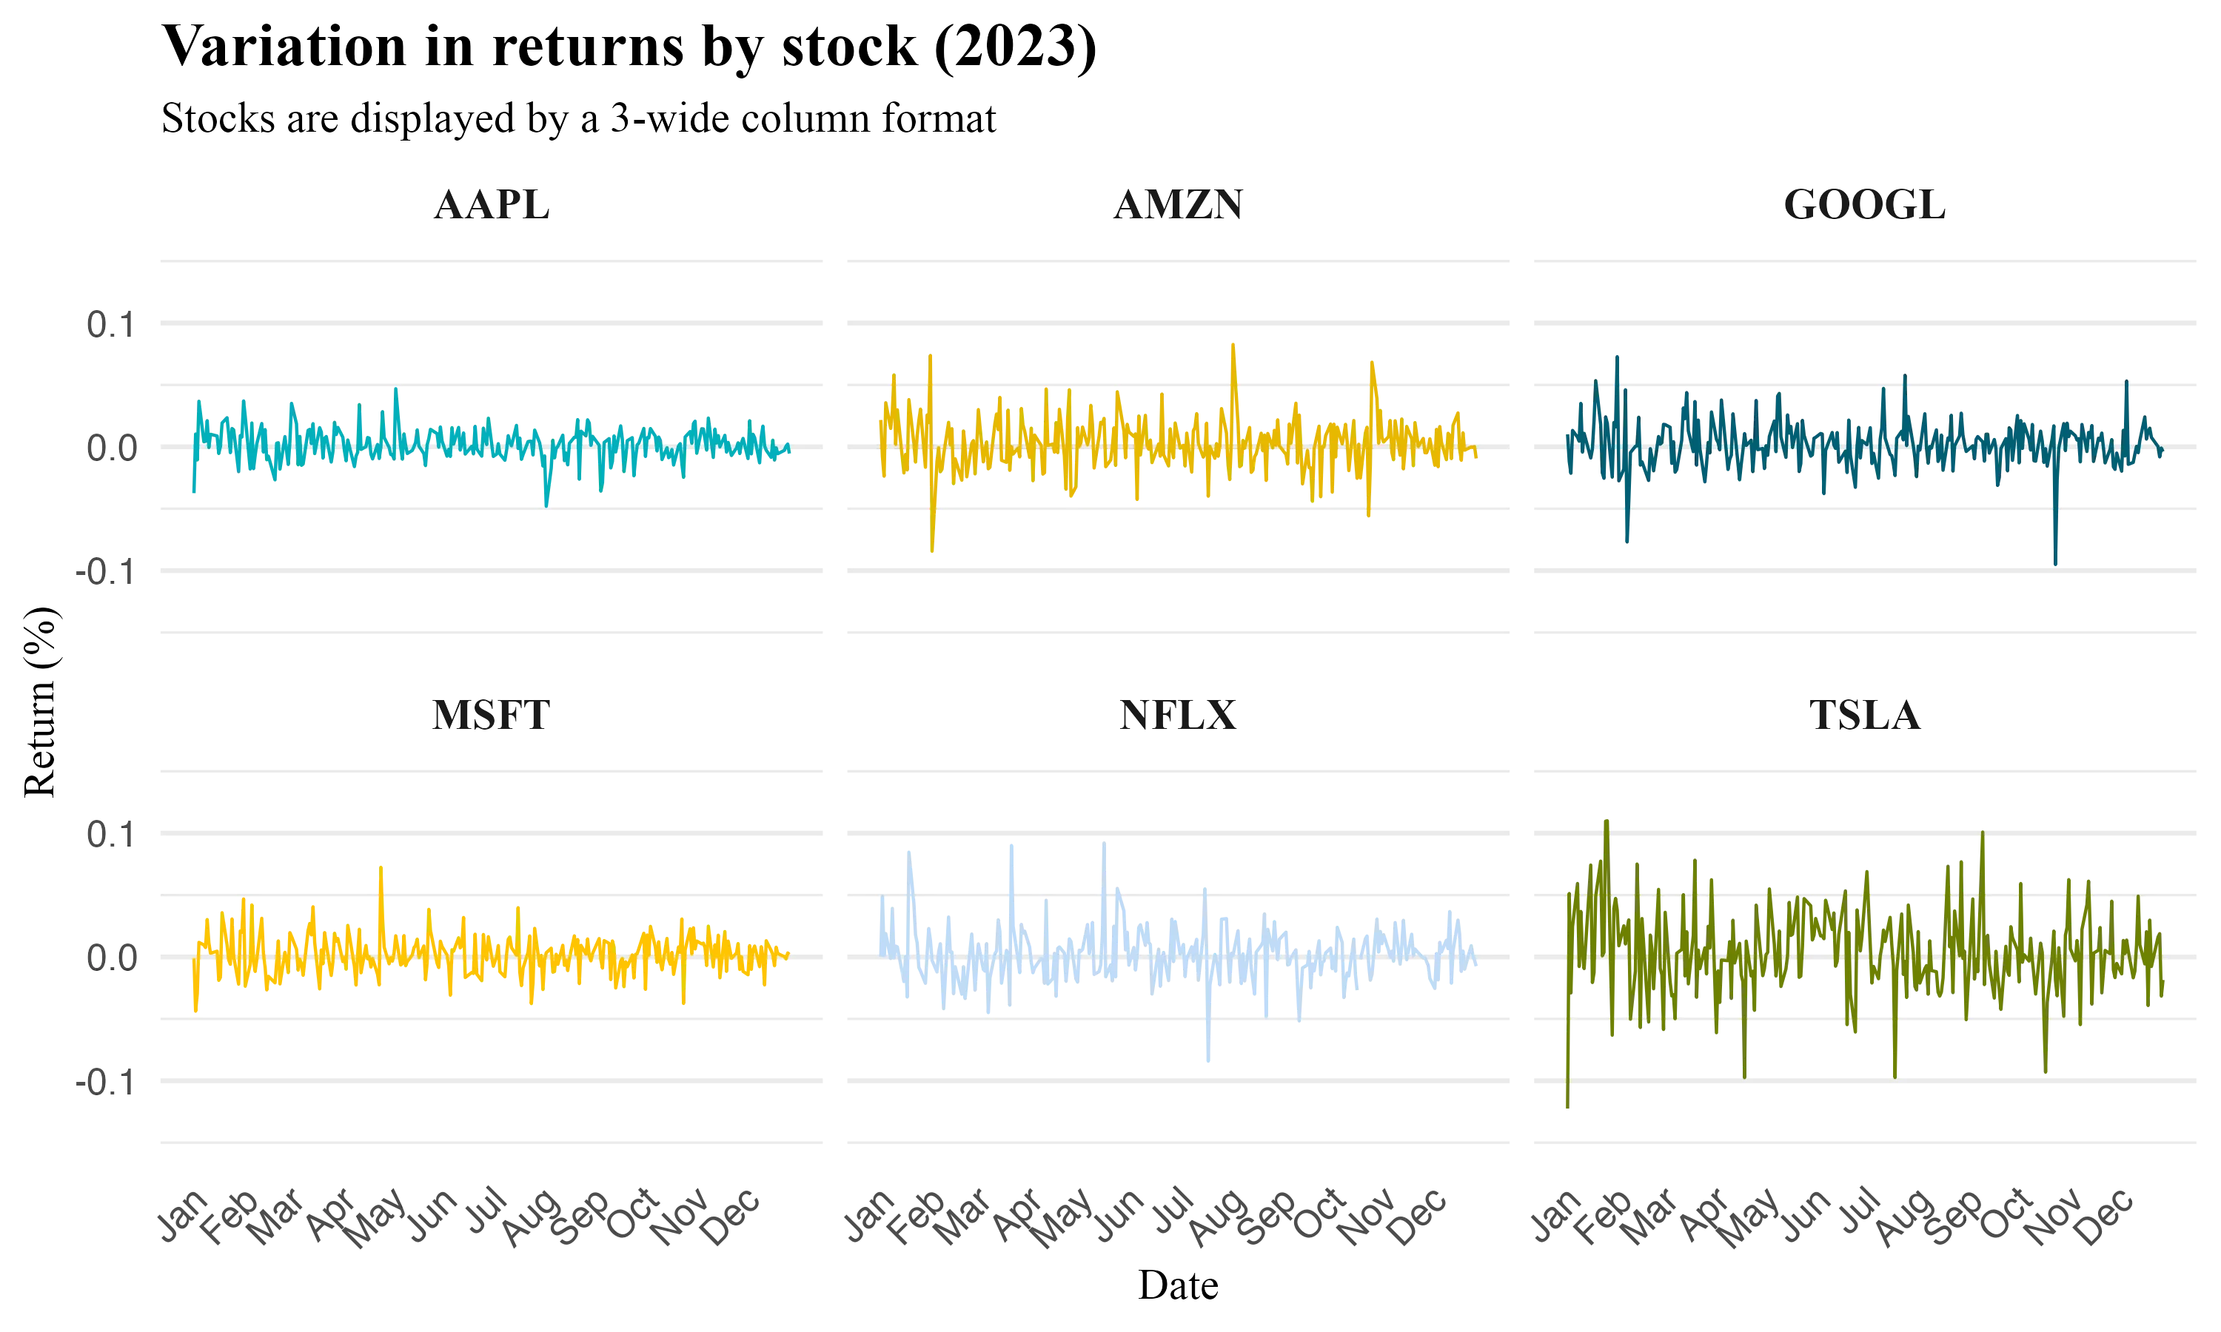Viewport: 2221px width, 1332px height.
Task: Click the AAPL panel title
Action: [490, 205]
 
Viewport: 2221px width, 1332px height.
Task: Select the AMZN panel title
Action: [1177, 205]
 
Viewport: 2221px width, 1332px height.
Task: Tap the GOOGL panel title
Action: [1865, 205]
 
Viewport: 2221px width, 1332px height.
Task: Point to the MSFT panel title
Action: [490, 717]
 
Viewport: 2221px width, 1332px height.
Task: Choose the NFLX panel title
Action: [1177, 717]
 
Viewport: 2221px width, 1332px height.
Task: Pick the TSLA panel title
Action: [1865, 717]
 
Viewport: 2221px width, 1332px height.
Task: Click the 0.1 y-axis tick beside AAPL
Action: [110, 323]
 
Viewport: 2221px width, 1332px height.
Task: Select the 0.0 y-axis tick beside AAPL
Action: [110, 447]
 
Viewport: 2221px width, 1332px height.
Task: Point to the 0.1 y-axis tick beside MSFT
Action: [110, 835]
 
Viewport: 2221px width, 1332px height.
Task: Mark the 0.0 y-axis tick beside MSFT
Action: [110, 958]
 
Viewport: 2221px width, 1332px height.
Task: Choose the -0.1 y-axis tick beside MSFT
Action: [104, 1083]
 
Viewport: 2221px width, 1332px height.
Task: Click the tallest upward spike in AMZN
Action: [1233, 342]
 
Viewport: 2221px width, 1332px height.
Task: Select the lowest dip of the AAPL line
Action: [546, 505]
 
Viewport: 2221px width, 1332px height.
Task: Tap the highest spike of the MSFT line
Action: [381, 868]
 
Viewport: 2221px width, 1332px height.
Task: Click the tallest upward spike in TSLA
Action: [1605, 821]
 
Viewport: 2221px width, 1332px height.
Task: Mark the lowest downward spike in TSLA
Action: [1567, 1109]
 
